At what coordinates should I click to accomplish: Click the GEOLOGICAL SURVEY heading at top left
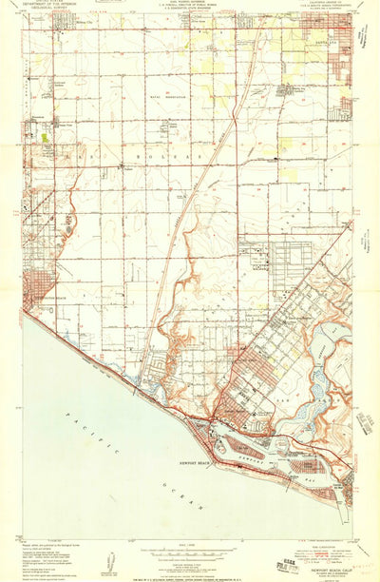click(47, 11)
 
